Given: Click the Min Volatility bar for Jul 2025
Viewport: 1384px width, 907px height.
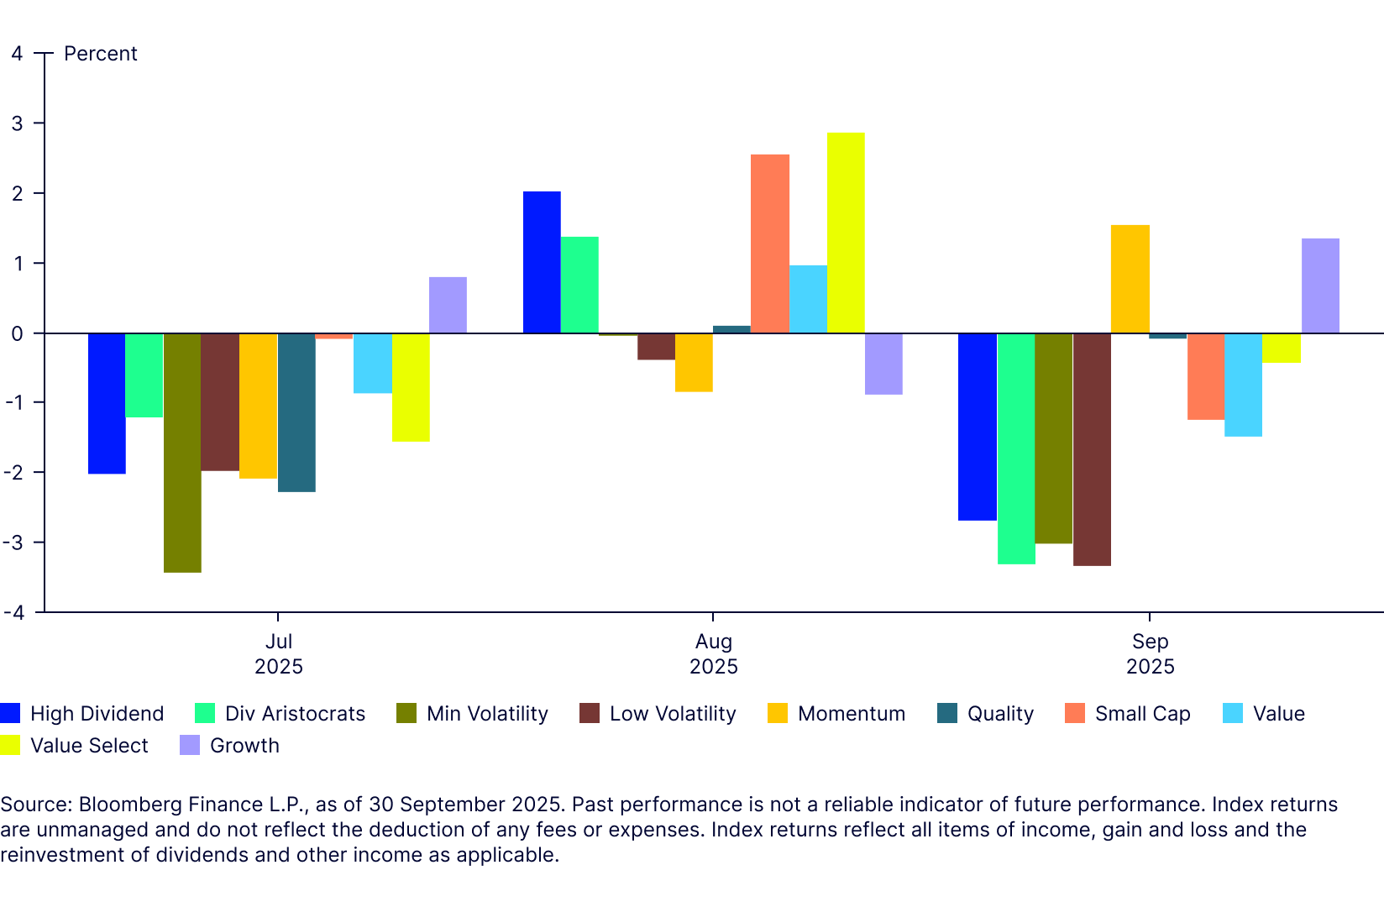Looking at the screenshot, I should [182, 453].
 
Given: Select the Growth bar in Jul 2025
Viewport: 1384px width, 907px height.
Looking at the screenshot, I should [448, 305].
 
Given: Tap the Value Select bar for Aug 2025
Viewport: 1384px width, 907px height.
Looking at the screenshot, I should [846, 233].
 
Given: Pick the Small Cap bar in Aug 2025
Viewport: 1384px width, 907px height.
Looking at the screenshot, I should [770, 244].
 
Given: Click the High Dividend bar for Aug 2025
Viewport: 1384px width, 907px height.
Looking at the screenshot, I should [542, 262].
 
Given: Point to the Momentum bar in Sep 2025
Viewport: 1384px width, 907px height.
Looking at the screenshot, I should [1130, 279].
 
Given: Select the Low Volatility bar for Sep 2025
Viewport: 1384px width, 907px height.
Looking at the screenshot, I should [1092, 449].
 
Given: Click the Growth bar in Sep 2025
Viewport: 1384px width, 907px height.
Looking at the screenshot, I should [1320, 286].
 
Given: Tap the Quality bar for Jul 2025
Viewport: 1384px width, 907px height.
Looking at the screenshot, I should [296, 412].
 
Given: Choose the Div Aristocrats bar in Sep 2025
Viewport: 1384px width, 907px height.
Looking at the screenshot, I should [1016, 448].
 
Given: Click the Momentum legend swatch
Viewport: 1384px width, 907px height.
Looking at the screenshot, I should [778, 714].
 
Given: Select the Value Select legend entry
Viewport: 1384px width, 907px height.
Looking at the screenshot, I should [89, 746].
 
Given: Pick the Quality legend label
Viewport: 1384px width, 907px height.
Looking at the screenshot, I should [1000, 714].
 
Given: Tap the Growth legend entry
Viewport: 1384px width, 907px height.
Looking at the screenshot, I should [244, 746].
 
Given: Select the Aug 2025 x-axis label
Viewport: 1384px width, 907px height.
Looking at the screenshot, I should [713, 653].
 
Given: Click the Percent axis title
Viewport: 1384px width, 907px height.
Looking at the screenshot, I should [100, 54].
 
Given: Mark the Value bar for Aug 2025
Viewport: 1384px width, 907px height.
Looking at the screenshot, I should [808, 299].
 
